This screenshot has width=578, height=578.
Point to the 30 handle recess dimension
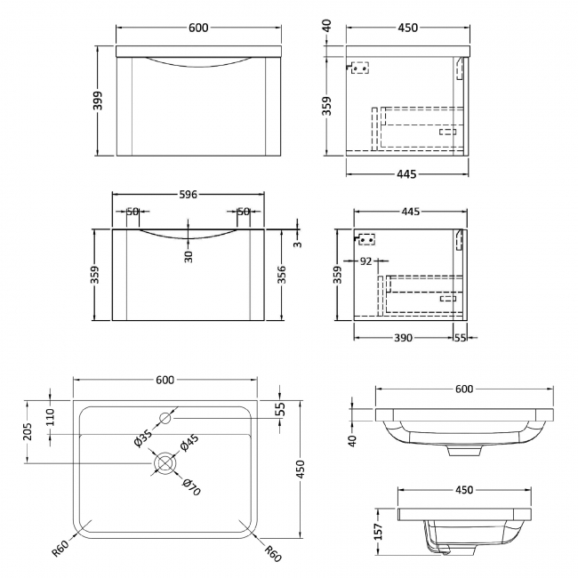189,255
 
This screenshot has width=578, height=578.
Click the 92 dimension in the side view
365,262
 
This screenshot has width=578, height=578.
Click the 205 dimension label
30,431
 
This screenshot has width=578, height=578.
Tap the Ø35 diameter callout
142,438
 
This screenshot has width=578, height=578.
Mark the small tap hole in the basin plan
165,415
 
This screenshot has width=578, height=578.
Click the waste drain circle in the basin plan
165,462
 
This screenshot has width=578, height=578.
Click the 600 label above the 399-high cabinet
198,28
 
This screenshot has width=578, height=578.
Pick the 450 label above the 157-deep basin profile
452,489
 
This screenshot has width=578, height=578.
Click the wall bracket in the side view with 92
365,238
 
